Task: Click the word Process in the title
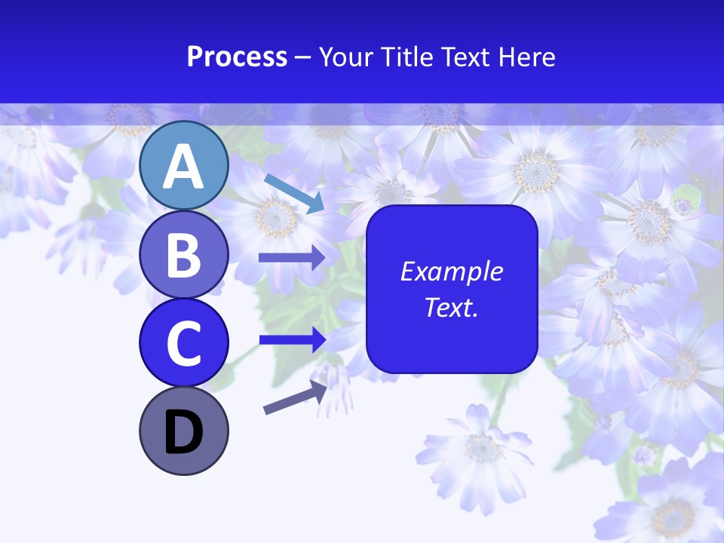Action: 237,57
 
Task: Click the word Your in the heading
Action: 346,57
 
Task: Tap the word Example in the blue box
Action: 451,271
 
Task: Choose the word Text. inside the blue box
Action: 451,307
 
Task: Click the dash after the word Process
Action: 303,57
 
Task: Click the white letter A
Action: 183,167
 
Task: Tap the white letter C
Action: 183,343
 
